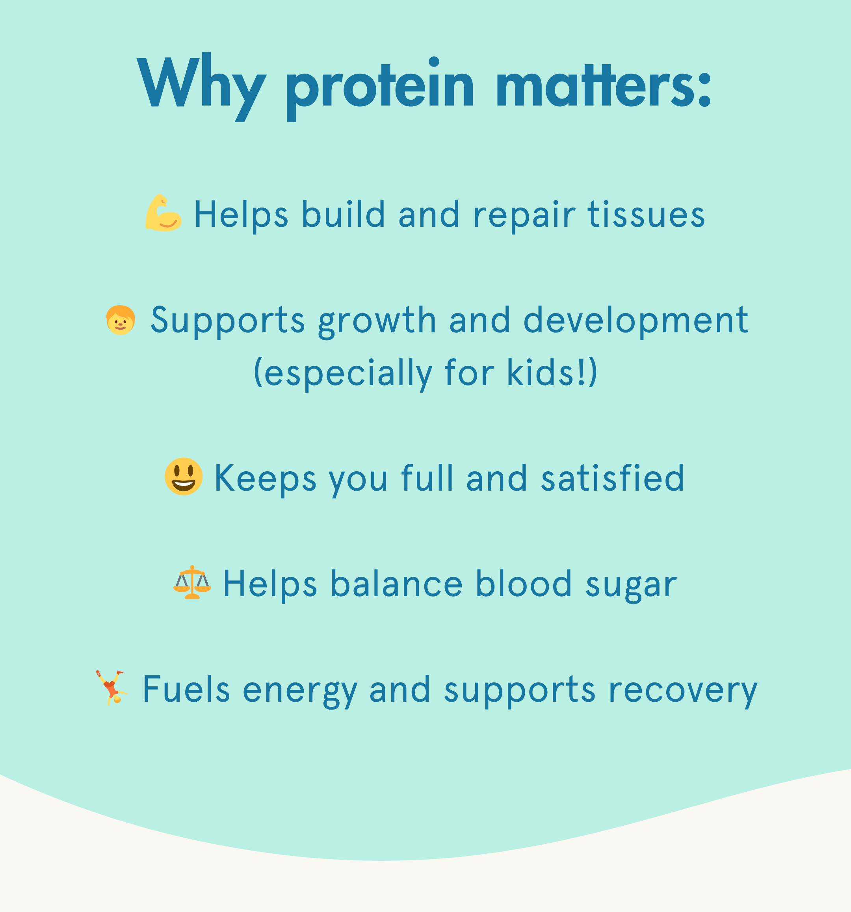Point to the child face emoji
tap(120, 320)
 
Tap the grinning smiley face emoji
tap(184, 476)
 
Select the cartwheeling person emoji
tap(111, 688)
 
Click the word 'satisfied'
tap(613, 478)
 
